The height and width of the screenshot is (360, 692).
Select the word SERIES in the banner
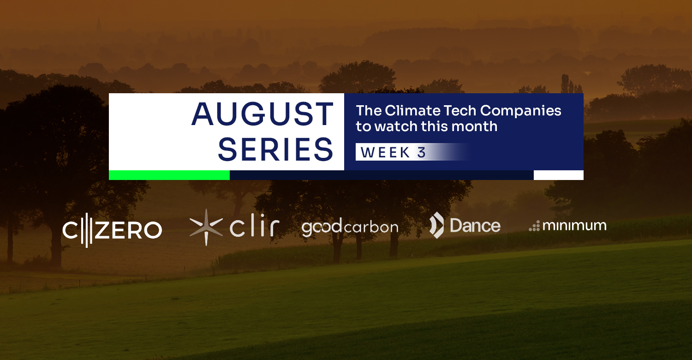tap(275, 150)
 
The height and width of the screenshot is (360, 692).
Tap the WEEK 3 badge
tap(412, 152)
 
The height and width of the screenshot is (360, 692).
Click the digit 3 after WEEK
tap(421, 152)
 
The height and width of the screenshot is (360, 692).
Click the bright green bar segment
tap(169, 175)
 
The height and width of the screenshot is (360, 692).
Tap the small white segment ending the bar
tap(559, 175)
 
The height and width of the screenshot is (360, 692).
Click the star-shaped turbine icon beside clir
tap(206, 228)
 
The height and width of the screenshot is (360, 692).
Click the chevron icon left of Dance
tap(436, 225)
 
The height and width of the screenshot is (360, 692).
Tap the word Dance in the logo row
tap(475, 226)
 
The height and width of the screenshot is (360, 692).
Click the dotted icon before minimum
tap(534, 226)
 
